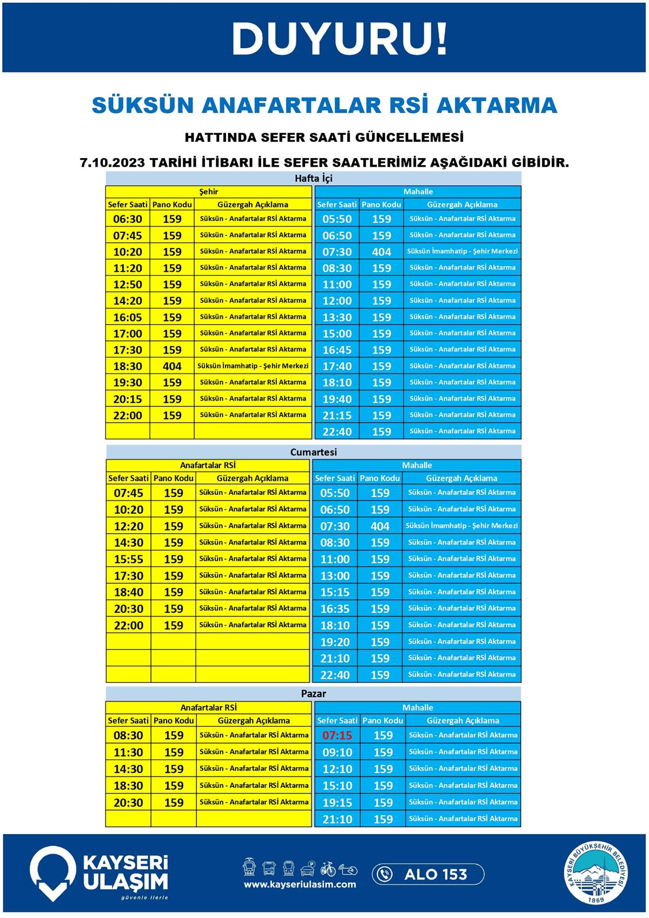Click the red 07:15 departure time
tap(337, 735)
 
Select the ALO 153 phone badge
tap(428, 874)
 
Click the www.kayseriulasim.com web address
tap(300, 884)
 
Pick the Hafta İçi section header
tap(313, 178)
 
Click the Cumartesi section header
tap(313, 452)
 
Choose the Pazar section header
tap(313, 693)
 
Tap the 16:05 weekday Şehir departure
tap(128, 317)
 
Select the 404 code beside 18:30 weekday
tap(172, 366)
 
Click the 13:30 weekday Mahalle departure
tap(337, 317)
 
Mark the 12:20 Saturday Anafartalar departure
tap(129, 526)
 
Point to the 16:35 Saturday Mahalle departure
tap(335, 608)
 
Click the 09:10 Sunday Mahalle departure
tap(337, 752)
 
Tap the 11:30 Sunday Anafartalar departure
tap(128, 752)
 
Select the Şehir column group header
tap(208, 192)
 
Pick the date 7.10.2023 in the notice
tap(112, 162)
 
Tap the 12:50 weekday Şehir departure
tap(128, 284)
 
